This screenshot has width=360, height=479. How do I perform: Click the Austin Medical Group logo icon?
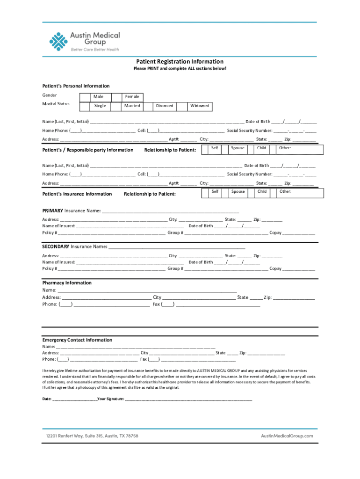point(58,41)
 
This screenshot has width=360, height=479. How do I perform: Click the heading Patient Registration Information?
point(180,62)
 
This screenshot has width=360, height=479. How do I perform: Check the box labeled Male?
point(99,96)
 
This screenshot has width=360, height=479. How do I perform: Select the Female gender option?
point(132,96)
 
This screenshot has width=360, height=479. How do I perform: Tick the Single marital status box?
point(100,106)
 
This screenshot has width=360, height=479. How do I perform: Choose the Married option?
point(132,106)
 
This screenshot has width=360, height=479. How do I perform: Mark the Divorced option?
point(165,106)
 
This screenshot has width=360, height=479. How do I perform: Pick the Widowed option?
point(200,106)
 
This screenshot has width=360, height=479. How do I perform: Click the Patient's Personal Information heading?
point(76,86)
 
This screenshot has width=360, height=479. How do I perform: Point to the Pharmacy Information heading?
point(67,283)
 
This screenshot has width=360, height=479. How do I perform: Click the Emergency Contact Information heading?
point(77,340)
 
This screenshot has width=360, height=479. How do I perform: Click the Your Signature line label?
point(110,399)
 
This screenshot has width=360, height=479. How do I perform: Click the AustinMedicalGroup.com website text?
point(287,436)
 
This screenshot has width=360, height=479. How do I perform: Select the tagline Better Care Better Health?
point(95,50)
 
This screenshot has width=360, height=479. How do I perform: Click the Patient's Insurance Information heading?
point(77,194)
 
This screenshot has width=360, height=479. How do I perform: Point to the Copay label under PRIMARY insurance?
point(275,232)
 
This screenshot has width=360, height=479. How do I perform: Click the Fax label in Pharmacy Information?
point(157,304)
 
